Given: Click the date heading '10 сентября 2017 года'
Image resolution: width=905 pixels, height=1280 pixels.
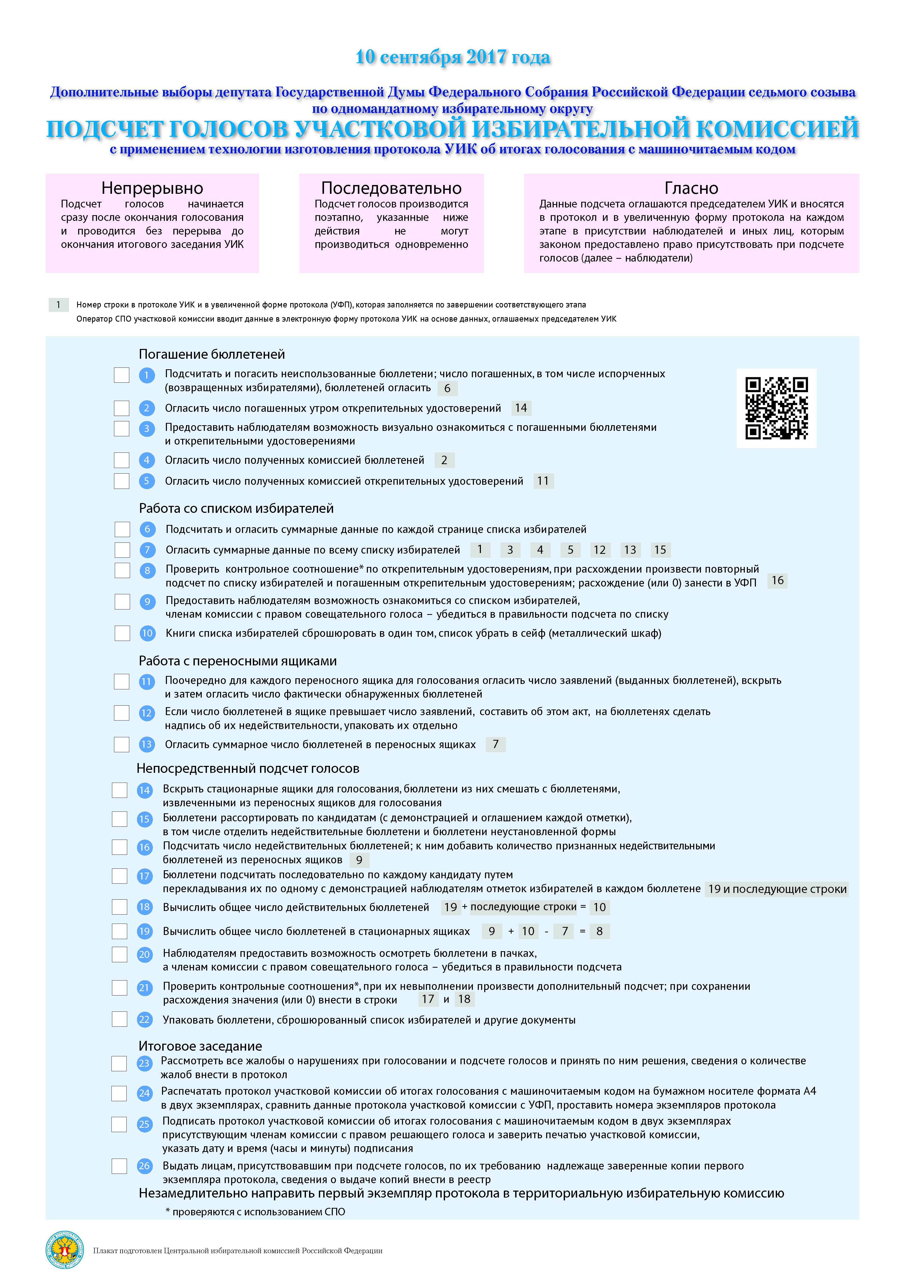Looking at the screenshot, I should [453, 57].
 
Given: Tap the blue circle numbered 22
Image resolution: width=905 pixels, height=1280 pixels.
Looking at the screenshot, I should [144, 1020].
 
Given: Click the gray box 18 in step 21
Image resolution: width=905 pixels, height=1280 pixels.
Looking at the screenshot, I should [464, 999].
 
